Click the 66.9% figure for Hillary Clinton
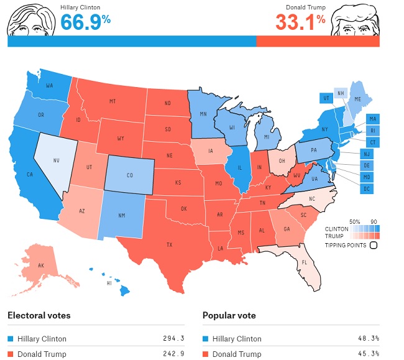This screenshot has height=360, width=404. point(85,22)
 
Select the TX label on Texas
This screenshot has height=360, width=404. point(168,244)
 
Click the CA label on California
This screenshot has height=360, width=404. point(29,174)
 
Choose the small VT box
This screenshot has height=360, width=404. point(326,98)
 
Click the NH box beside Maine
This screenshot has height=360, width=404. point(341,93)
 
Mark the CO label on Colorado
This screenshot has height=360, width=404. point(129,175)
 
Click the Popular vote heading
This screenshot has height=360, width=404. point(229,315)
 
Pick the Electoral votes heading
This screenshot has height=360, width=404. point(39,315)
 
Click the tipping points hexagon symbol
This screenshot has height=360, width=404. point(373,245)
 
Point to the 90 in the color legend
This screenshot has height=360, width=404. point(374,221)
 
